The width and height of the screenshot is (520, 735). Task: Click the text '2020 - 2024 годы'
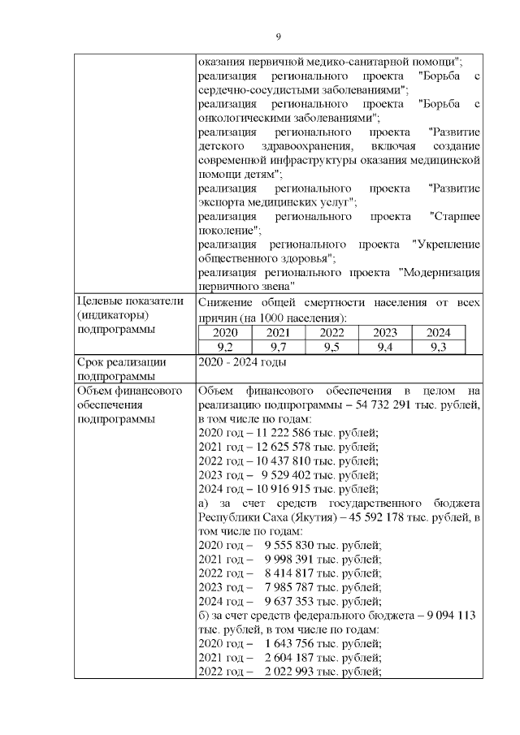[241, 362]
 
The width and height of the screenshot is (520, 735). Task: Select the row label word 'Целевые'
[100, 302]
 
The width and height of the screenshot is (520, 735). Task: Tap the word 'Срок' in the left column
[90, 362]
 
